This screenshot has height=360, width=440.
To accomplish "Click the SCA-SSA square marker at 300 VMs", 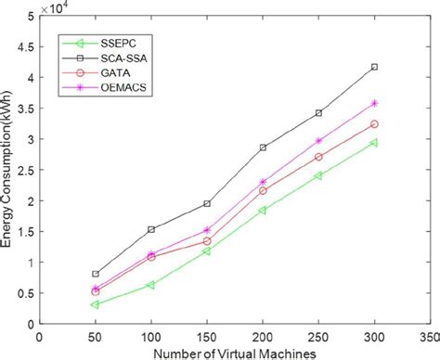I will pos(374,67).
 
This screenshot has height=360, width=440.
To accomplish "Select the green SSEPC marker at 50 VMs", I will pos(96,304).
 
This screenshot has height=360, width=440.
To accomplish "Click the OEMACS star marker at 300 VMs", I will pos(374,103).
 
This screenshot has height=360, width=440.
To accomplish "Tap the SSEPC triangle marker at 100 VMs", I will pos(151,285).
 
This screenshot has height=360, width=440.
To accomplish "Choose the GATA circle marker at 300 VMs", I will pos(374,124).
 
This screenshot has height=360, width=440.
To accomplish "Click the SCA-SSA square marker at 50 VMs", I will pos(96,274).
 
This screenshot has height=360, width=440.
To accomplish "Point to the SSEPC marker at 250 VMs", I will pos(318,175).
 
